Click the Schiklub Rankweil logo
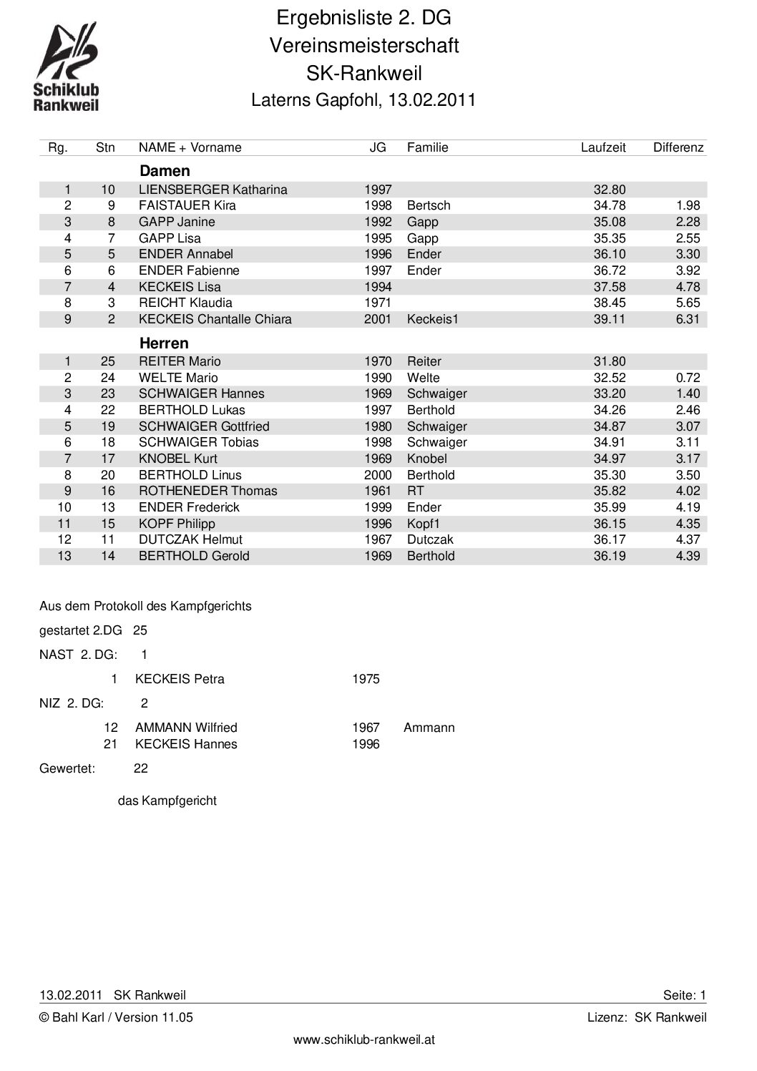tap(67, 67)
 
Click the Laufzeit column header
tap(602, 147)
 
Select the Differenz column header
tap(678, 147)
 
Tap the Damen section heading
tap(165, 171)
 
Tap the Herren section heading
tap(164, 343)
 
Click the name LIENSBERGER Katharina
tap(213, 190)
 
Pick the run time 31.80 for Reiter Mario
tap(609, 361)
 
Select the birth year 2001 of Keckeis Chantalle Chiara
tap(378, 319)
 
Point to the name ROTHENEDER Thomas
tap(207, 491)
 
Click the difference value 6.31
tap(687, 319)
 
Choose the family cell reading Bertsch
tap(428, 205)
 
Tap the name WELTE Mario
tap(178, 378)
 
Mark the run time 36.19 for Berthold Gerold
tap(609, 556)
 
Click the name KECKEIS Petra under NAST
tap(179, 679)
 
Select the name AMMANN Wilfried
tap(186, 728)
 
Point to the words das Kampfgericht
tap(167, 801)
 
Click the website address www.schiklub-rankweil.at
tap(363, 1040)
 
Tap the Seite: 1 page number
tap(684, 995)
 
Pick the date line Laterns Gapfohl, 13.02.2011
tap(363, 100)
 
